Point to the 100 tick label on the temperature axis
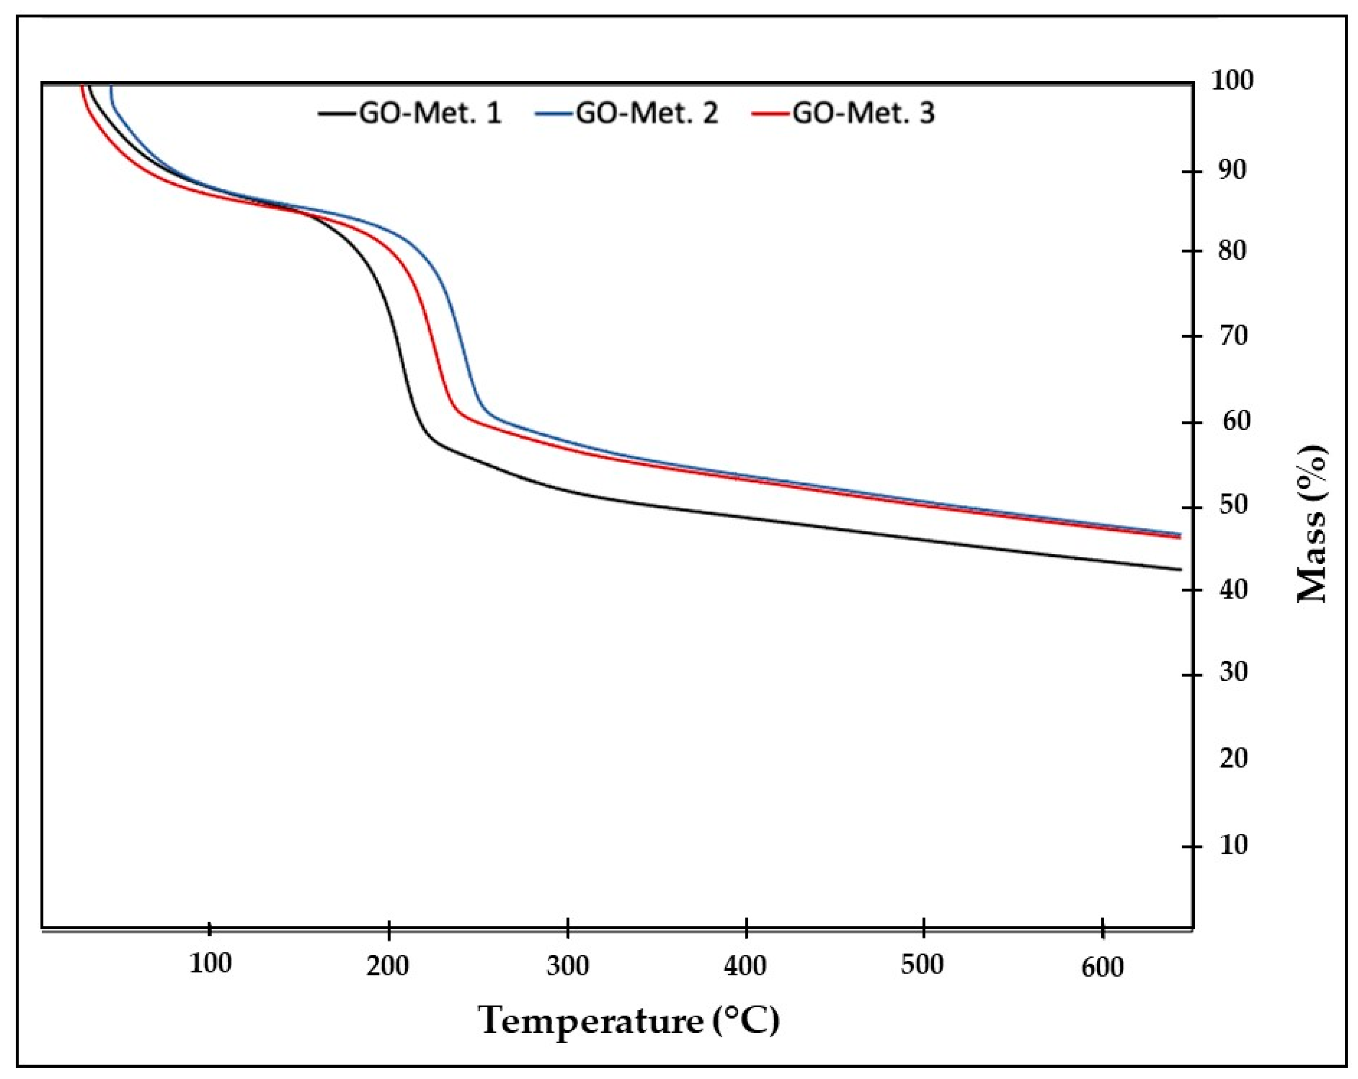210,963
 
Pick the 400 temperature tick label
745,965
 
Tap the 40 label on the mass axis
1233,590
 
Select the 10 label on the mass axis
1233,845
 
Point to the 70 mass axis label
1233,336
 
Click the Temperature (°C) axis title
629,1020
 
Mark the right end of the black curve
1180,570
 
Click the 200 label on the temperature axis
388,965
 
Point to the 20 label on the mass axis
1233,758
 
